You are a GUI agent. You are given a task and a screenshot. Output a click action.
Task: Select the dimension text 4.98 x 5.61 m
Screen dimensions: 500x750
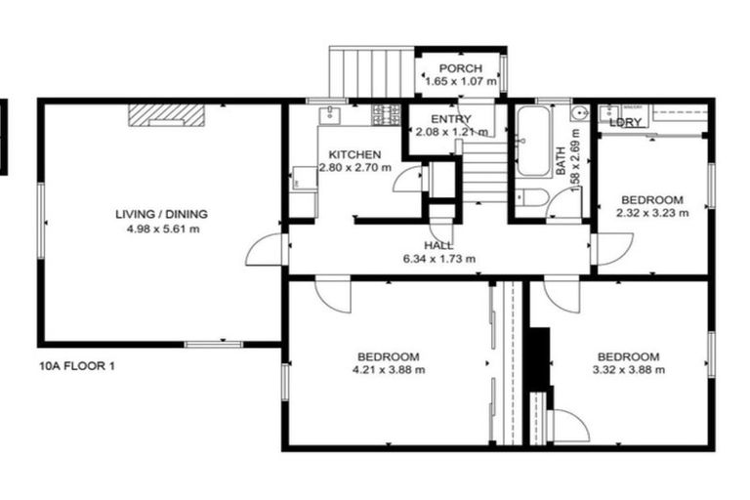tap(162, 230)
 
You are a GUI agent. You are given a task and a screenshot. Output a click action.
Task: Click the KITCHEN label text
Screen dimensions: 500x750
tap(354, 155)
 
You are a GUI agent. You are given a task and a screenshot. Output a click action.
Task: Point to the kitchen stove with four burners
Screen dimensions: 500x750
tap(387, 115)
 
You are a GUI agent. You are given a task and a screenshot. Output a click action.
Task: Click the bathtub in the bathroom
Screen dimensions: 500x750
tap(532, 143)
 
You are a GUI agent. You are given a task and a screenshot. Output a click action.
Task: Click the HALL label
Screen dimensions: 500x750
tap(437, 245)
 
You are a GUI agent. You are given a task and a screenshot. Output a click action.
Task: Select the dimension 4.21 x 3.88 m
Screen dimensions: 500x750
tap(388, 370)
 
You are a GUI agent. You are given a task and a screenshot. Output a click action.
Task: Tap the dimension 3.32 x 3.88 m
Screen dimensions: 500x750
tap(629, 370)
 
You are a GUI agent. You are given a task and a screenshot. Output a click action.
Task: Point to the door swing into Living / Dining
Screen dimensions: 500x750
tap(264, 250)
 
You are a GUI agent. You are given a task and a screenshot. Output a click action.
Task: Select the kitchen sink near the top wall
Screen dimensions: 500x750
tap(333, 112)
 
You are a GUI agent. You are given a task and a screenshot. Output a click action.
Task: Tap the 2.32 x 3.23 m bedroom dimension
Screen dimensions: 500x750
tap(652, 210)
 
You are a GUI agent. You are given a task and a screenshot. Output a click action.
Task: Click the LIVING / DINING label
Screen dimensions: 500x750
tap(162, 215)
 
